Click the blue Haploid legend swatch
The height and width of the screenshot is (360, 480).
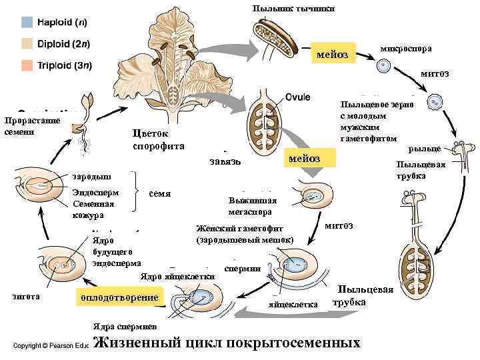pyautogui.click(x=27, y=22)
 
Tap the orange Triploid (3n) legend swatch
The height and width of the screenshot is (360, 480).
pyautogui.click(x=27, y=65)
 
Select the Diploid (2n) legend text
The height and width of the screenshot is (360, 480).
pyautogui.click(x=63, y=44)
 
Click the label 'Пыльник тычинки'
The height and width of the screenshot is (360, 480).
pyautogui.click(x=293, y=8)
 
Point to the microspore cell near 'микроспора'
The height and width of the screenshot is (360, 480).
pyautogui.click(x=383, y=66)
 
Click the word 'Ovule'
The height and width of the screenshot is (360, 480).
pyautogui.click(x=297, y=96)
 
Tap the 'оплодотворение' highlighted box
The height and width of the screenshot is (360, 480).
pyautogui.click(x=119, y=297)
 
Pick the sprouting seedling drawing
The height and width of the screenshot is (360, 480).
pyautogui.click(x=85, y=114)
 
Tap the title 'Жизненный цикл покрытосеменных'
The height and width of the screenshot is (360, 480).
pyautogui.click(x=227, y=343)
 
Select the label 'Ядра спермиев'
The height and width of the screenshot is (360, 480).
pyautogui.click(x=124, y=327)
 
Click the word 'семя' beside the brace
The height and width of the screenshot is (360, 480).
pyautogui.click(x=160, y=194)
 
